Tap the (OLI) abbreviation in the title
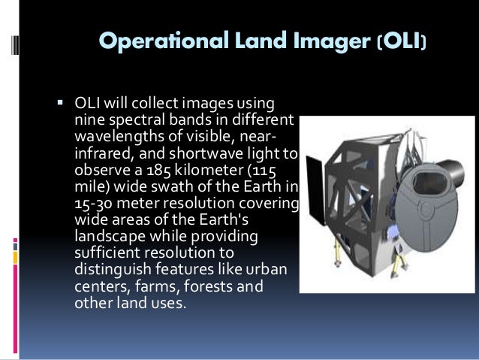[x=402, y=43]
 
